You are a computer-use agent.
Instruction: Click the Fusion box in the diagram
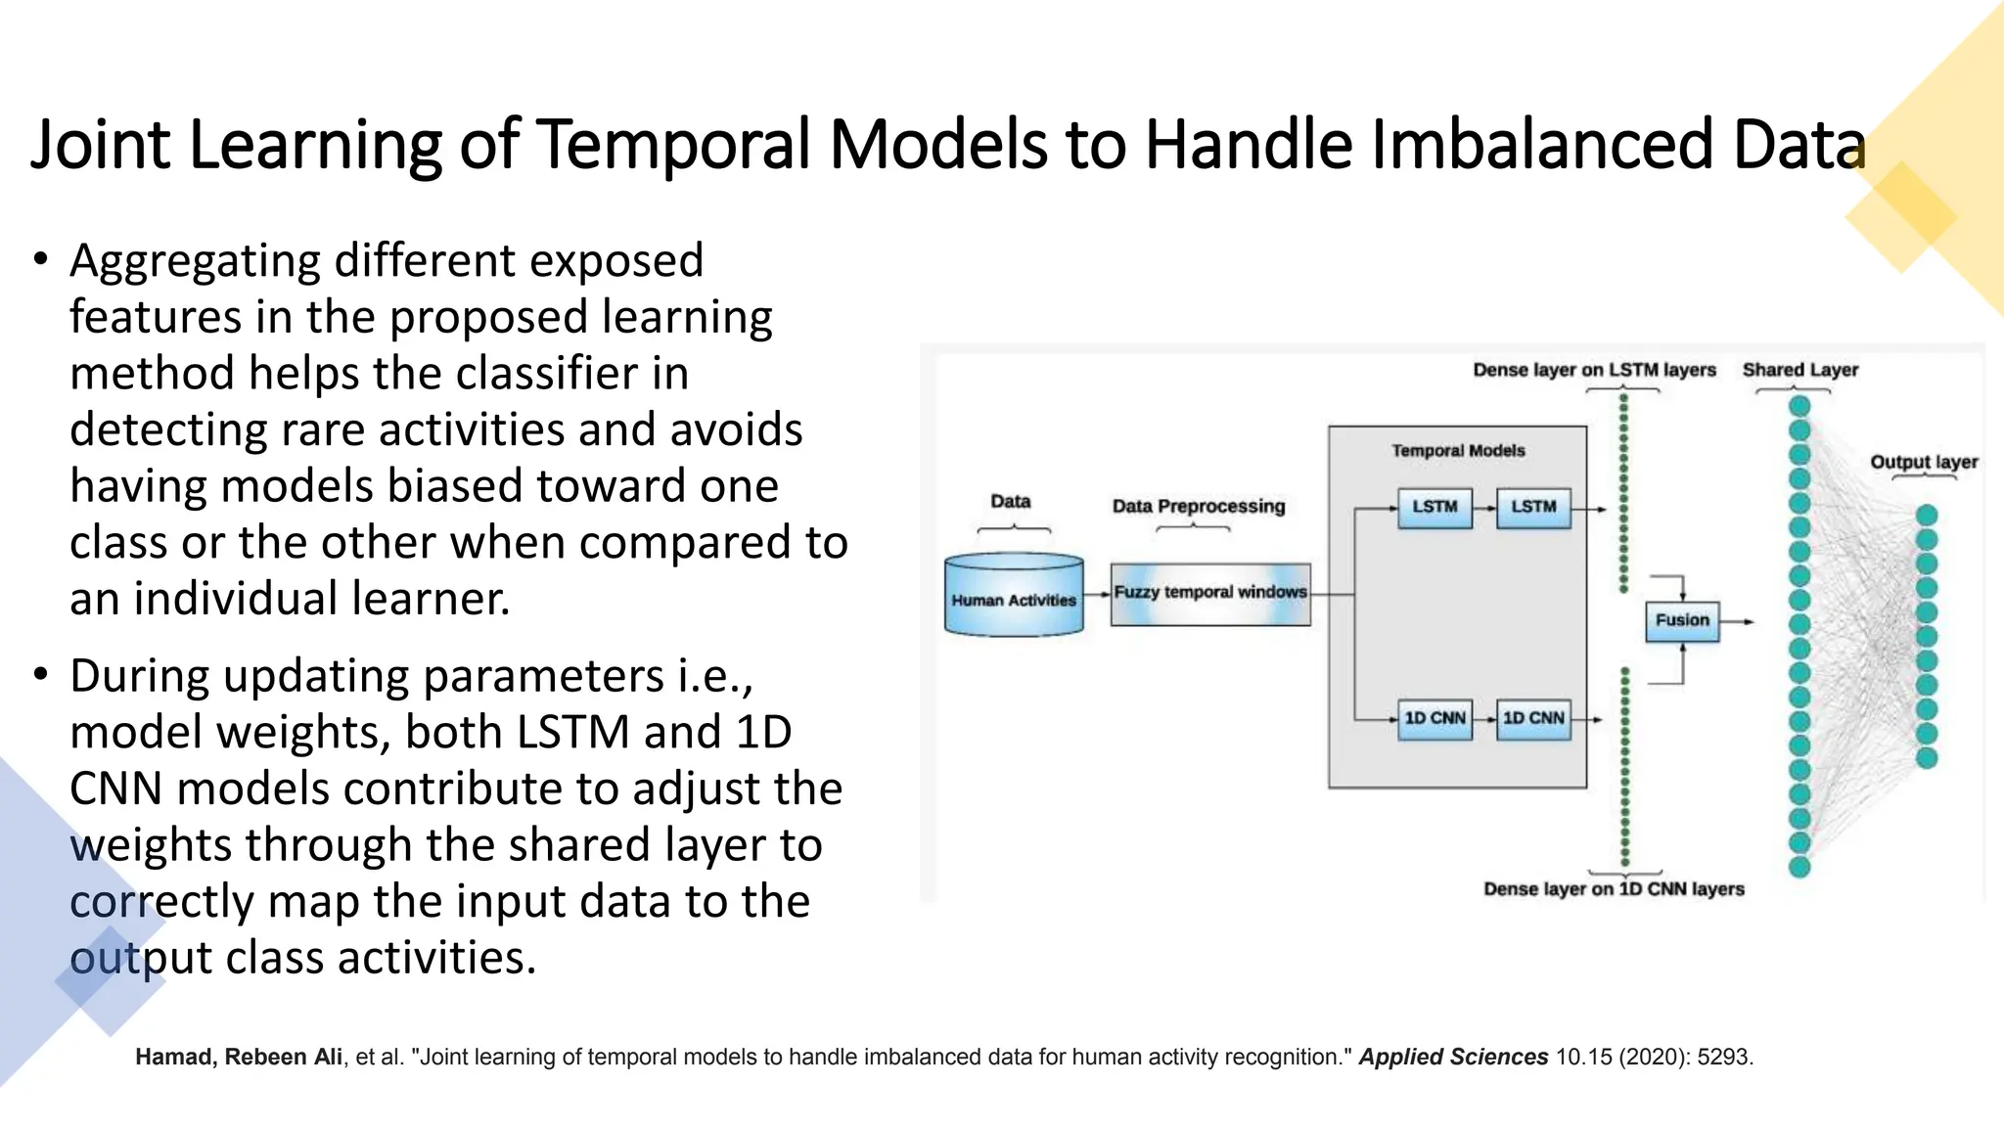click(1681, 621)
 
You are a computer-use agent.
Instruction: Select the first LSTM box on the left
click(1435, 508)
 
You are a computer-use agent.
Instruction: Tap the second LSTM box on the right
click(1533, 508)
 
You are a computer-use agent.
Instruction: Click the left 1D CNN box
click(1435, 719)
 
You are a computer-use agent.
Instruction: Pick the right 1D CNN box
click(1533, 719)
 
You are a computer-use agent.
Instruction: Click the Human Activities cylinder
click(1014, 596)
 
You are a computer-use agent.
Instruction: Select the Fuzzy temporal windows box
click(1210, 593)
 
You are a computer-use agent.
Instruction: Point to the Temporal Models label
click(1458, 451)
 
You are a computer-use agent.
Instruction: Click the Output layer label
click(1924, 462)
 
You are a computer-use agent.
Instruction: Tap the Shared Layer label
click(1799, 370)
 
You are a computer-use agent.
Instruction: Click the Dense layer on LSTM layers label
click(1594, 370)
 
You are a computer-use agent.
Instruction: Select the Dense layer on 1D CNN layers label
click(1614, 889)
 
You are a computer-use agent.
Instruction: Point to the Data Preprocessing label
click(1199, 507)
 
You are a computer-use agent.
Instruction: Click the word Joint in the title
click(100, 145)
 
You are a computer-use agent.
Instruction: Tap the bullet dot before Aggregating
click(40, 259)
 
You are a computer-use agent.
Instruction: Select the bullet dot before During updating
click(40, 675)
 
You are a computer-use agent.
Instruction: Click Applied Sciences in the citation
click(1453, 1058)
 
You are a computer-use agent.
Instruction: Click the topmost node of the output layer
click(1927, 515)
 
